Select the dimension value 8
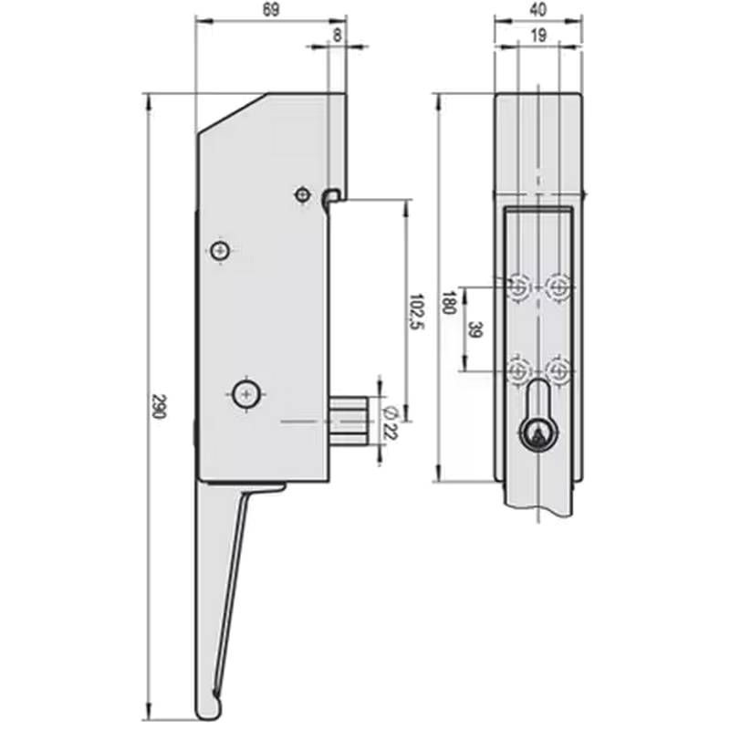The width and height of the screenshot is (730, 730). pos(339,36)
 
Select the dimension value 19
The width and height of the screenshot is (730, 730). pos(537,36)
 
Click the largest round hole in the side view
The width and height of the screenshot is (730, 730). pos(245,394)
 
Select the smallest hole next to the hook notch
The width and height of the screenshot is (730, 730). pos(302,194)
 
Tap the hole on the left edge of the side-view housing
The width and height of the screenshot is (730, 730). pos(219,251)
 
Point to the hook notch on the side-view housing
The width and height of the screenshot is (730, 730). pos(333,195)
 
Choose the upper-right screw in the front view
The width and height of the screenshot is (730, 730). pos(558,287)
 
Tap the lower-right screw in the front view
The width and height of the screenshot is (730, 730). pos(558,370)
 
